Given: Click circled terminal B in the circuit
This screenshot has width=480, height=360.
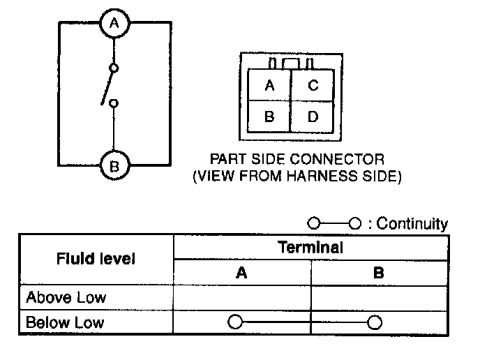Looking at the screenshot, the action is (x=113, y=167).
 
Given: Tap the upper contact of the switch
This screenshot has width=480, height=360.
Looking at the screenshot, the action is (x=114, y=68).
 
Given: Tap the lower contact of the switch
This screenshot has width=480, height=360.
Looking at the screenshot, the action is (x=114, y=103).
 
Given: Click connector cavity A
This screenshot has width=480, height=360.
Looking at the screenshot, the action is (x=269, y=86).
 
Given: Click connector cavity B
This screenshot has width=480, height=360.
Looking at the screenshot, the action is (x=269, y=117).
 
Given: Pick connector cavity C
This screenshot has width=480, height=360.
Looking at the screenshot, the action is (x=313, y=86).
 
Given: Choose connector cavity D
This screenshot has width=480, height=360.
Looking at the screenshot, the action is (x=313, y=117).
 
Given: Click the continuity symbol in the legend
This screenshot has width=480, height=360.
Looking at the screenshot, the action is (x=333, y=224).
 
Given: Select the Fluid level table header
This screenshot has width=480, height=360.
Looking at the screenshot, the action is (x=95, y=260).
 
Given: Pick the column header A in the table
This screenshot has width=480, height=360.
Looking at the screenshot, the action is (x=241, y=273).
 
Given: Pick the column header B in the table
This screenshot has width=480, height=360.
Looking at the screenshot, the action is (x=378, y=273).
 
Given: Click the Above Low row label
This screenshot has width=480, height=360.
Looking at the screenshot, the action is (x=66, y=298).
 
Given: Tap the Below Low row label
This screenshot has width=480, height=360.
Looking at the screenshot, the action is (x=64, y=322).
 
